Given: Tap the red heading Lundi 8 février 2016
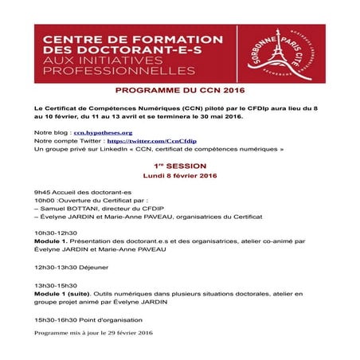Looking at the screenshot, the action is [x=179, y=175].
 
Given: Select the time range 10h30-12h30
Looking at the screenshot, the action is [x=56, y=232].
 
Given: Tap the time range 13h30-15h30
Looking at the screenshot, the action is [x=56, y=285].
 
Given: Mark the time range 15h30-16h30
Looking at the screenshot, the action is [x=56, y=319].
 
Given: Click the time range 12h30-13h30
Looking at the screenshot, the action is [x=56, y=267].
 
